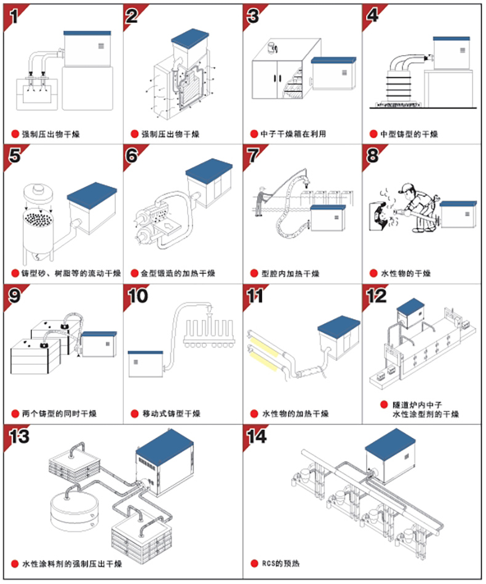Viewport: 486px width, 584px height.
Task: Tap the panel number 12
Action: tap(376, 296)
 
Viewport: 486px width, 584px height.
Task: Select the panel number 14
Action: tap(257, 436)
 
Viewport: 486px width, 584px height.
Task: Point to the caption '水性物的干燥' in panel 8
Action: tap(405, 273)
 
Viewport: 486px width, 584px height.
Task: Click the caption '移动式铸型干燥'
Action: tap(171, 413)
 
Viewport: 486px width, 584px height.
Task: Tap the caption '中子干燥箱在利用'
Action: tap(293, 134)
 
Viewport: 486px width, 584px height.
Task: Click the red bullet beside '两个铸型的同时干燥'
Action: tap(15, 413)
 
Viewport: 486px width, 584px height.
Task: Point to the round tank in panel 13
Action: tap(75, 512)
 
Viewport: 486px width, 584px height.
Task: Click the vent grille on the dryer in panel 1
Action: tap(101, 46)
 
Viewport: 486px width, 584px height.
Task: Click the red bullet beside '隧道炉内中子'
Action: tap(384, 405)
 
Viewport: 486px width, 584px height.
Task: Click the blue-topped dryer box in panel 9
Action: tap(99, 344)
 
